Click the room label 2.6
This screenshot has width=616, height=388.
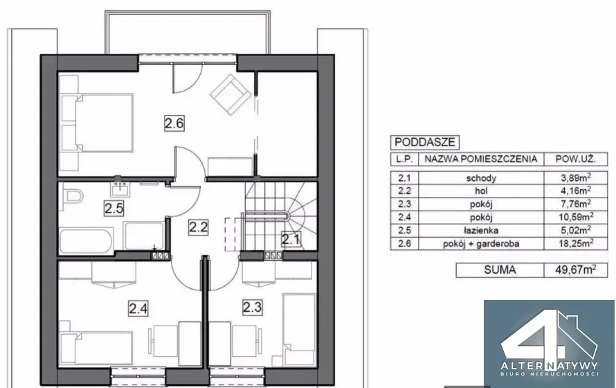[174, 123]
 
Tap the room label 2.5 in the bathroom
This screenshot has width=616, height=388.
[114, 208]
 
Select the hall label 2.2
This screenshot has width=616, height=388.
[198, 227]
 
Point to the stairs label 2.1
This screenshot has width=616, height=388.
[291, 239]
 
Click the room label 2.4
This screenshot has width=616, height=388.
[138, 308]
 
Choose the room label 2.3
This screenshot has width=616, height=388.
[252, 307]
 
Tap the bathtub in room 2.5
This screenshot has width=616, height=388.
[87, 240]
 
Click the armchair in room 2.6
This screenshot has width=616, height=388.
[230, 95]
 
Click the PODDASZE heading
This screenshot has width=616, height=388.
[424, 142]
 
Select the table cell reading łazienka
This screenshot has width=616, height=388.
[481, 230]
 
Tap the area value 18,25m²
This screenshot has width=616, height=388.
[576, 243]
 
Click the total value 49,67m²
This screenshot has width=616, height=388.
[576, 270]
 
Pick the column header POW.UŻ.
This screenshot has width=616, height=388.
[576, 159]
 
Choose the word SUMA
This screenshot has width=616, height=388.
[500, 270]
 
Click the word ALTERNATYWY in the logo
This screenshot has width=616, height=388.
[550, 366]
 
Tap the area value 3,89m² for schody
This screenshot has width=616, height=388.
[577, 177]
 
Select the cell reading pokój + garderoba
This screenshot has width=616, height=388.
[481, 244]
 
